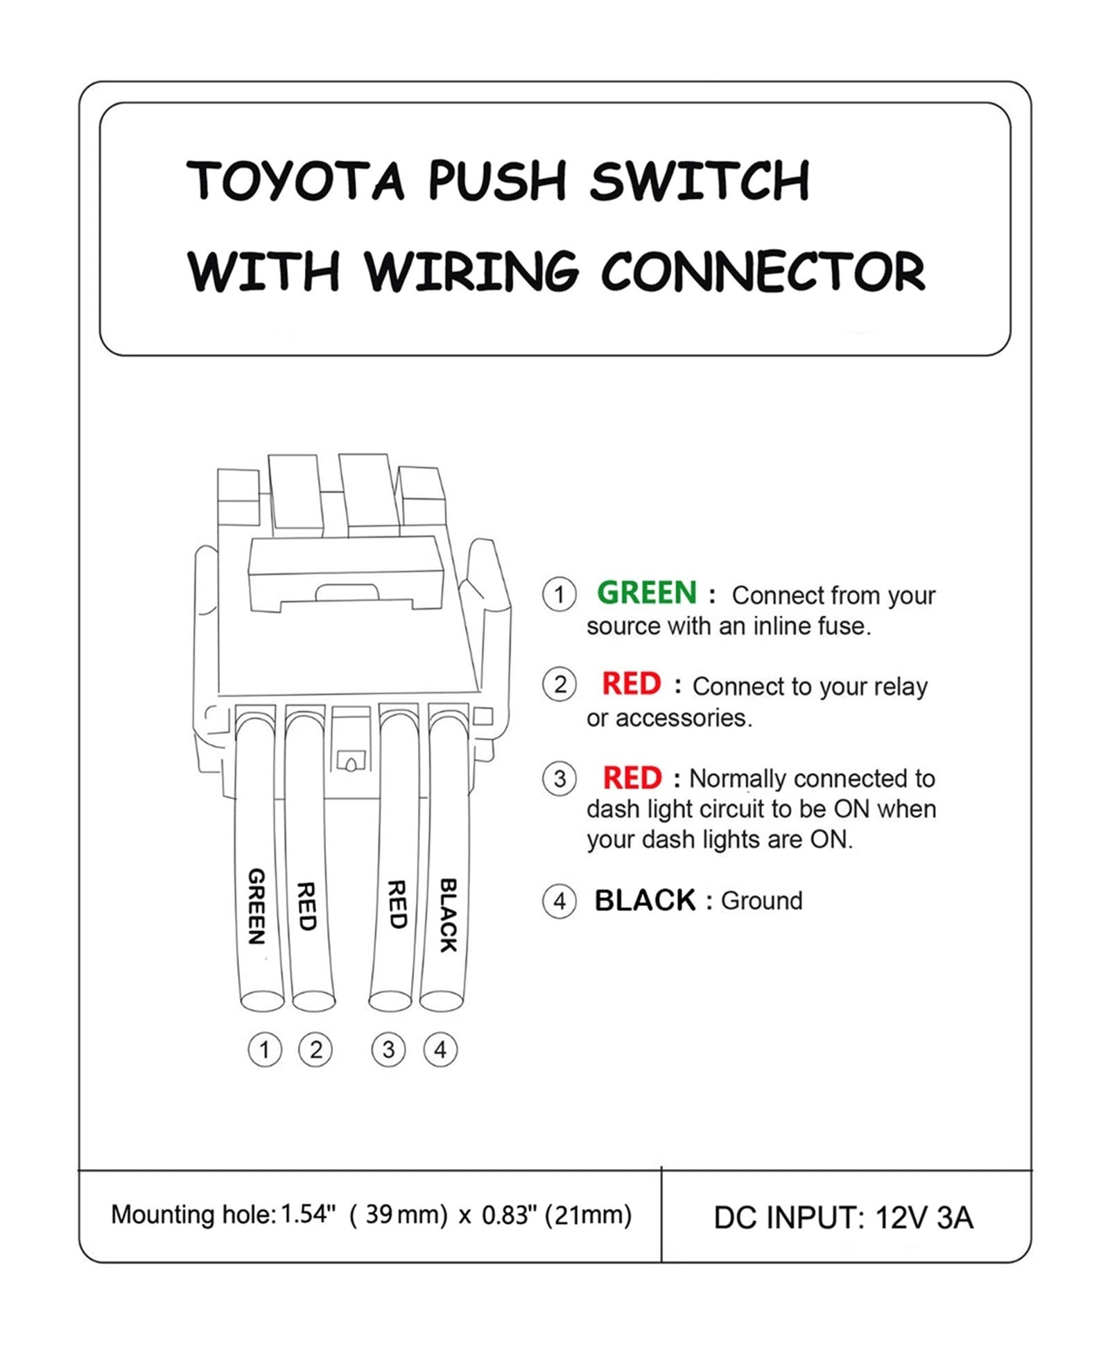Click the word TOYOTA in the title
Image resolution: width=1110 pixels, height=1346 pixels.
pyautogui.click(x=295, y=180)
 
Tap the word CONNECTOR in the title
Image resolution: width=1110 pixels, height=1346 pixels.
pyautogui.click(x=762, y=271)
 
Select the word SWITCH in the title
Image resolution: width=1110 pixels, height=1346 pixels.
pyautogui.click(x=700, y=180)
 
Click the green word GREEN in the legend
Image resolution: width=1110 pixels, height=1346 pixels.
pyautogui.click(x=646, y=593)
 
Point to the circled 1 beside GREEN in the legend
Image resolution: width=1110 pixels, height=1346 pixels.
pyautogui.click(x=559, y=595)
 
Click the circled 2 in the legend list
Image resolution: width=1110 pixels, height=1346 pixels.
pyautogui.click(x=559, y=685)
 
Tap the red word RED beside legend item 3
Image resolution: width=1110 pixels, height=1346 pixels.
pyautogui.click(x=632, y=778)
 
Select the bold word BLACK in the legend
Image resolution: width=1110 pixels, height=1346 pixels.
pyautogui.click(x=644, y=901)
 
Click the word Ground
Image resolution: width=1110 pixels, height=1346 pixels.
pyautogui.click(x=761, y=901)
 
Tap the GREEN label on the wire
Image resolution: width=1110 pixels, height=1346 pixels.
pyautogui.click(x=257, y=906)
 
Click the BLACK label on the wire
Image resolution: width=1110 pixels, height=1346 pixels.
pyautogui.click(x=449, y=915)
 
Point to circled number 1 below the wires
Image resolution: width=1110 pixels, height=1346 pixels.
pyautogui.click(x=264, y=1050)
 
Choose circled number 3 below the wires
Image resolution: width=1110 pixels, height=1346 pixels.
pyautogui.click(x=388, y=1050)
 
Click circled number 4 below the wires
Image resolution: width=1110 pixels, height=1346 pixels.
pyautogui.click(x=440, y=1050)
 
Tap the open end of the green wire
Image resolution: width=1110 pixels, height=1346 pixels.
pyautogui.click(x=262, y=1001)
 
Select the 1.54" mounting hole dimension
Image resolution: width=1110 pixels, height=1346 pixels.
pyautogui.click(x=308, y=1215)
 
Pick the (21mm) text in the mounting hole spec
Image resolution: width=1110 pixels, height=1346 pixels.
pyautogui.click(x=588, y=1215)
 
